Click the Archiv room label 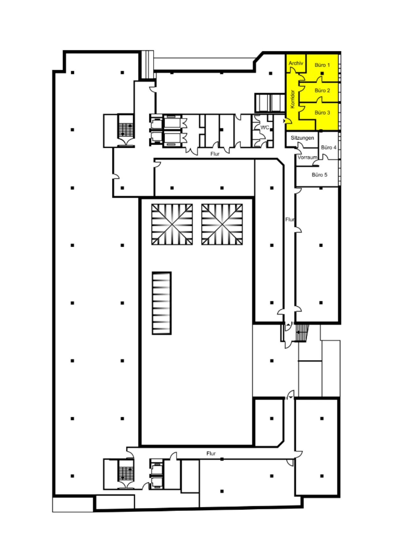point(296,63)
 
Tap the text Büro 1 point(322,65)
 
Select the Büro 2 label point(322,91)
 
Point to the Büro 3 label point(322,113)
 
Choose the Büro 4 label point(329,147)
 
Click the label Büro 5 point(319,175)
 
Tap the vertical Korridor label point(293,99)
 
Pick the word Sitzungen point(302,138)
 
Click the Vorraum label point(307,157)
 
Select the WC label point(265,127)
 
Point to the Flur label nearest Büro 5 point(290,220)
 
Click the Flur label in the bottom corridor point(211,454)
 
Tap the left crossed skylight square point(172,224)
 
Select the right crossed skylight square point(222,224)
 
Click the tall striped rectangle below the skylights point(162,303)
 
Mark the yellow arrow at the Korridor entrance point(285,121)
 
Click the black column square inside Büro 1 point(322,73)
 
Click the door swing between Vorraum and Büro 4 point(325,157)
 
